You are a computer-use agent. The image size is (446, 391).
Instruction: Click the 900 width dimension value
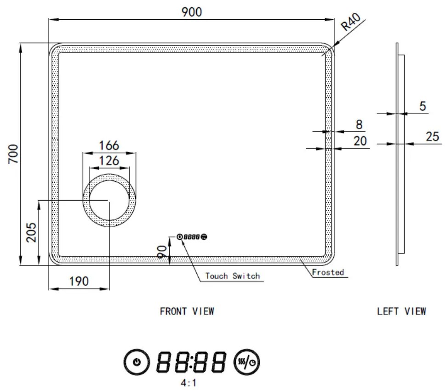click(x=191, y=12)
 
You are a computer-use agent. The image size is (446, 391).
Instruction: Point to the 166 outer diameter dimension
click(x=109, y=145)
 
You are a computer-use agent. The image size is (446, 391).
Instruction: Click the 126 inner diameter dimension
click(x=109, y=161)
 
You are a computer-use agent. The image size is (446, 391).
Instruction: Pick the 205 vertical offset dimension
click(x=30, y=232)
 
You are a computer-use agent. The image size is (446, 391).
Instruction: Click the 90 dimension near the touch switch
click(x=162, y=252)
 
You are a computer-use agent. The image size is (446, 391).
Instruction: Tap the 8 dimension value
click(x=359, y=125)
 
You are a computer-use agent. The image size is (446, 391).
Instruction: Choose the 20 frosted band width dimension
click(x=360, y=141)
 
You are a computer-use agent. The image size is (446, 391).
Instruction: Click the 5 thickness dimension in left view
click(x=422, y=107)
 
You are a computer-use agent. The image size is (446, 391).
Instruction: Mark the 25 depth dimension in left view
click(x=432, y=137)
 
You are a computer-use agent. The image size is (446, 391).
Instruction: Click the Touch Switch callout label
click(x=232, y=276)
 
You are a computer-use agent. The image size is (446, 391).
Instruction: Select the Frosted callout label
click(x=328, y=272)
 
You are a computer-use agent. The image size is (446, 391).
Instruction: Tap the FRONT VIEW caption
click(x=187, y=311)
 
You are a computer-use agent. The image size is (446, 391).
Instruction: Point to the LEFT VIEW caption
click(x=401, y=311)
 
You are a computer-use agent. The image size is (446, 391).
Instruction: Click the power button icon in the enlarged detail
click(x=136, y=362)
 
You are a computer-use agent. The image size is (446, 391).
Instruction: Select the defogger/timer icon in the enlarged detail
click(x=247, y=362)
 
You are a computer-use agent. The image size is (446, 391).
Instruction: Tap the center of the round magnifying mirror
click(x=109, y=201)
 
